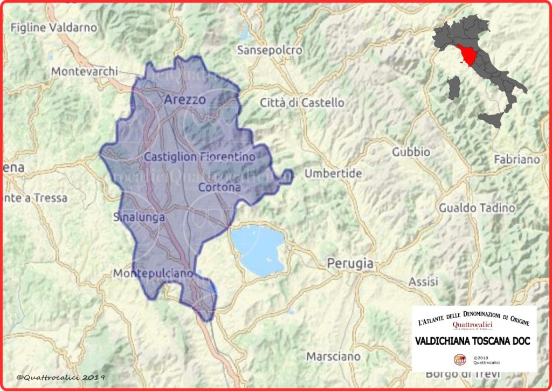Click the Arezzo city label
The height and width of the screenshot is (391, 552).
184,100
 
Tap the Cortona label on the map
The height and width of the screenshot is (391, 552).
219,188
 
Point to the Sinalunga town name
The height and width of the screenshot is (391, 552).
139,217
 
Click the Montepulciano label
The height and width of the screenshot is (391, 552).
153,274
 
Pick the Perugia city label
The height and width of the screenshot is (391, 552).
350,264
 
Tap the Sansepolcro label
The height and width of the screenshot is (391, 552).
270,50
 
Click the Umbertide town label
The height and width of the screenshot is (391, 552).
333,174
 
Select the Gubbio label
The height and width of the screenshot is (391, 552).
411,152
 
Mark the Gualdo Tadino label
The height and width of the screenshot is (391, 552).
473,208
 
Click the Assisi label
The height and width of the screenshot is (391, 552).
423,282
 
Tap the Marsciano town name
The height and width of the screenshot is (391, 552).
333,356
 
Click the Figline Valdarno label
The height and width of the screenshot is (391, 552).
54,27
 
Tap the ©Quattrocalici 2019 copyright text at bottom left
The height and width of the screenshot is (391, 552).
60,378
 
